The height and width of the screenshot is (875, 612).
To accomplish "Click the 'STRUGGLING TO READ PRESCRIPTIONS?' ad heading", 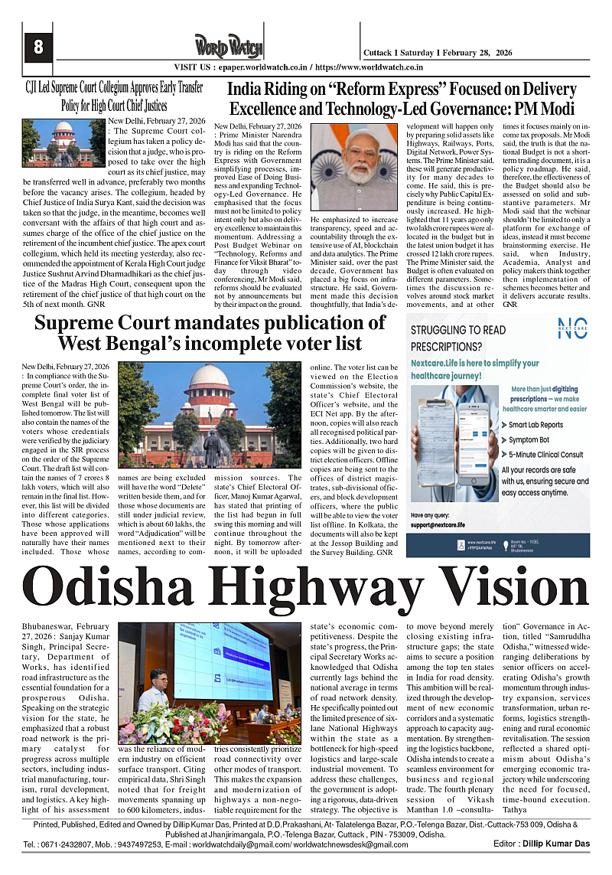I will [458, 338].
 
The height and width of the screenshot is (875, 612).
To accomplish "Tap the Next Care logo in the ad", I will [572, 326].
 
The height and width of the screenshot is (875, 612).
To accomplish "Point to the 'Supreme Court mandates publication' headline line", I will [210, 322].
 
